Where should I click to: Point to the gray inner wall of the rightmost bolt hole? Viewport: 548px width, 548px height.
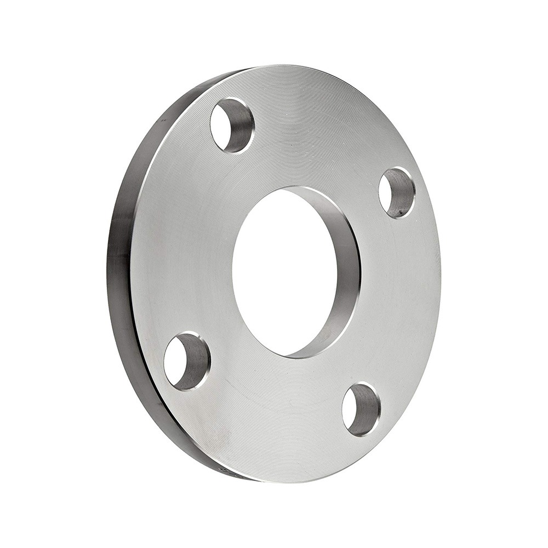pyautogui.click(x=403, y=195)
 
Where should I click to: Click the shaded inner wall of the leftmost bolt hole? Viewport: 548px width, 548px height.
pyautogui.click(x=196, y=364)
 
